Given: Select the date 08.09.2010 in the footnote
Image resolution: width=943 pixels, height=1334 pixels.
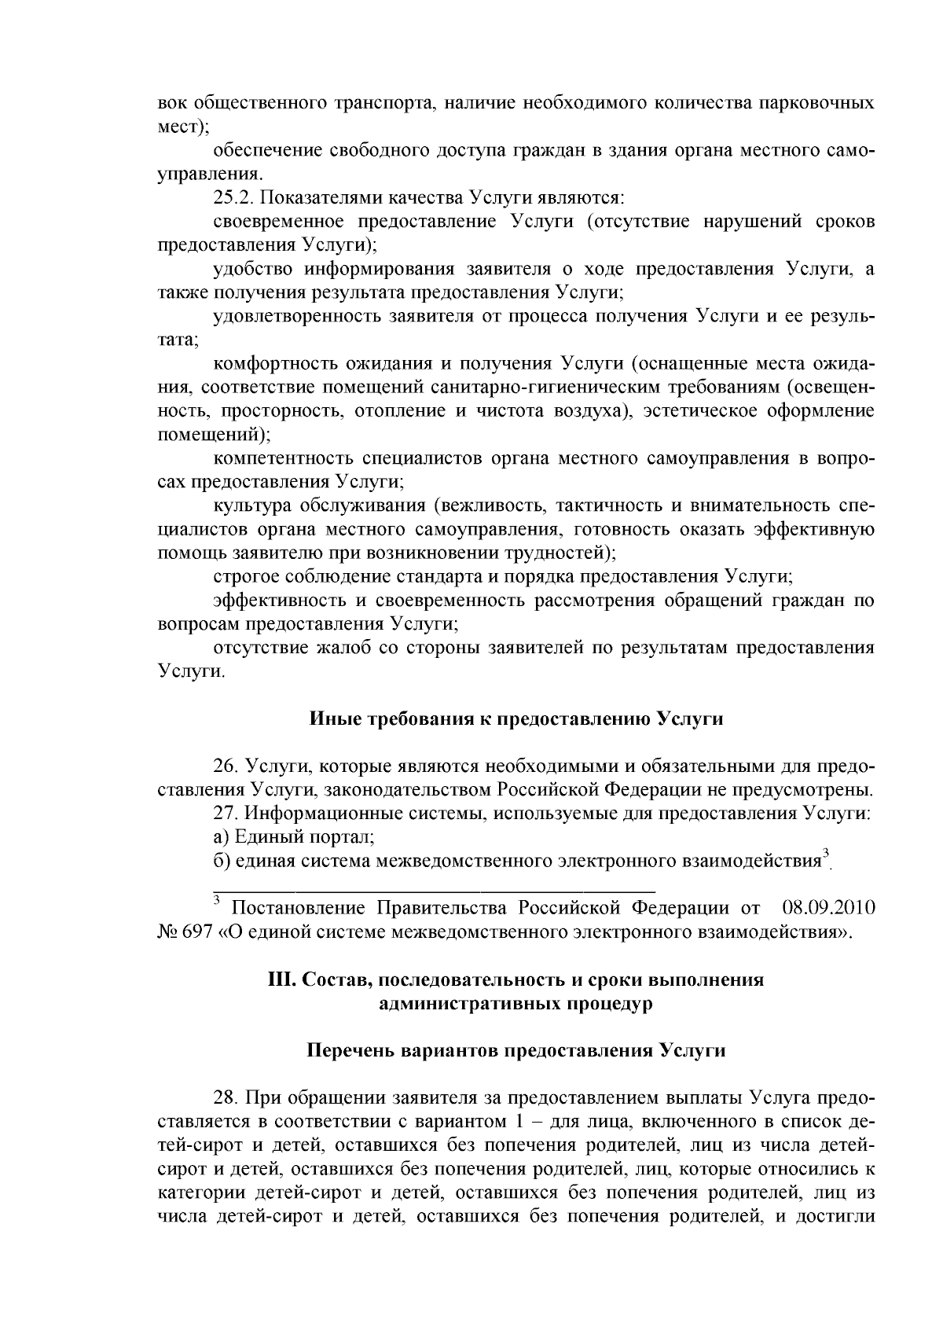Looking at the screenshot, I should point(829,909).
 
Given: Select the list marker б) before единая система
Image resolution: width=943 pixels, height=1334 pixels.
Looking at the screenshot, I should point(222,860).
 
